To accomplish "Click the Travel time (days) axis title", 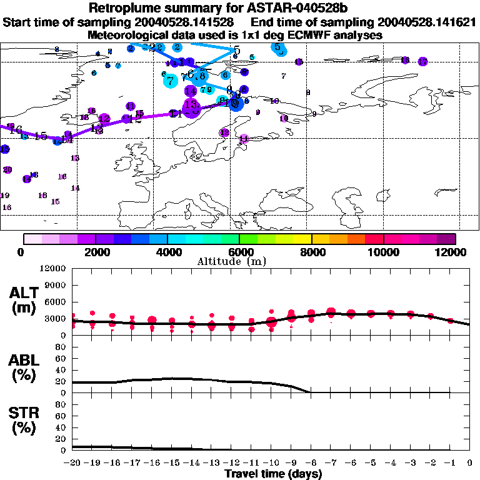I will point(273,474).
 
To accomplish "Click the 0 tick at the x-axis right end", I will point(470,462).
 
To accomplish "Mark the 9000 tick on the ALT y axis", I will point(54,286).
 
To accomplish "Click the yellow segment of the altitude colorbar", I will point(302,239).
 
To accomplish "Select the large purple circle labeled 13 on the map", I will point(191,106).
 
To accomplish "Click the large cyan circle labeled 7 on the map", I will point(170,79).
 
